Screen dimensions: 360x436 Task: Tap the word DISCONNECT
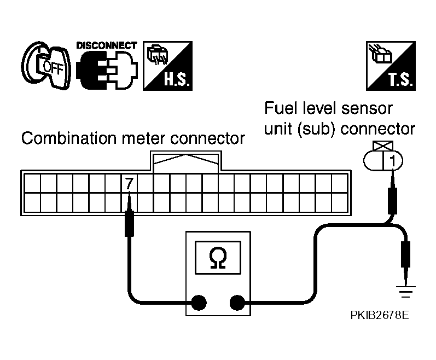click(107, 44)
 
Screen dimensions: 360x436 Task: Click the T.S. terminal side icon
click(389, 66)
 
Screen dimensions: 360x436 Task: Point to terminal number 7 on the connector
click(129, 184)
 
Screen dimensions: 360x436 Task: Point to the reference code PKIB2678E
click(380, 316)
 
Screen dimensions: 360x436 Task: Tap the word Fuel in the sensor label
click(279, 107)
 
